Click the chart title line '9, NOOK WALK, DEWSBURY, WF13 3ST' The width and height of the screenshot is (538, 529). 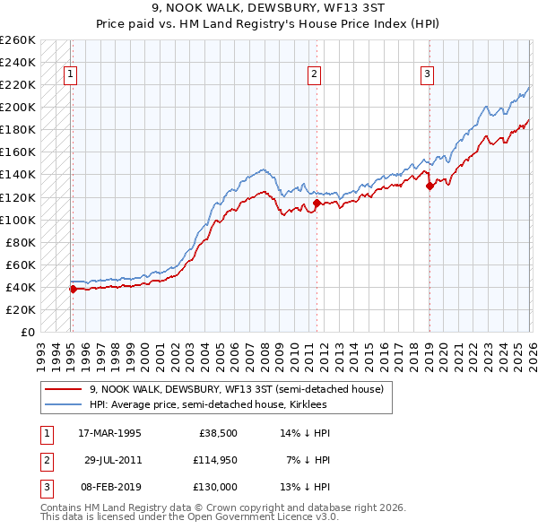click(x=268, y=8)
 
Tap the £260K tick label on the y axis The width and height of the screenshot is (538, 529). click(x=18, y=40)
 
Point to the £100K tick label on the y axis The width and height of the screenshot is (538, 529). click(x=18, y=220)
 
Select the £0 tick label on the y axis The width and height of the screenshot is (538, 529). click(x=27, y=333)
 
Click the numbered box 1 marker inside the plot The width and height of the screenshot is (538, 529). click(x=70, y=74)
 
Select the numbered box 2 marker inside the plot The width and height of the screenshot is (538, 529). click(x=315, y=74)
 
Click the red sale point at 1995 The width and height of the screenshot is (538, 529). click(x=73, y=289)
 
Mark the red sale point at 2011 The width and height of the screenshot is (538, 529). click(x=317, y=204)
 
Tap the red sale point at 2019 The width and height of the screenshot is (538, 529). click(x=430, y=186)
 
